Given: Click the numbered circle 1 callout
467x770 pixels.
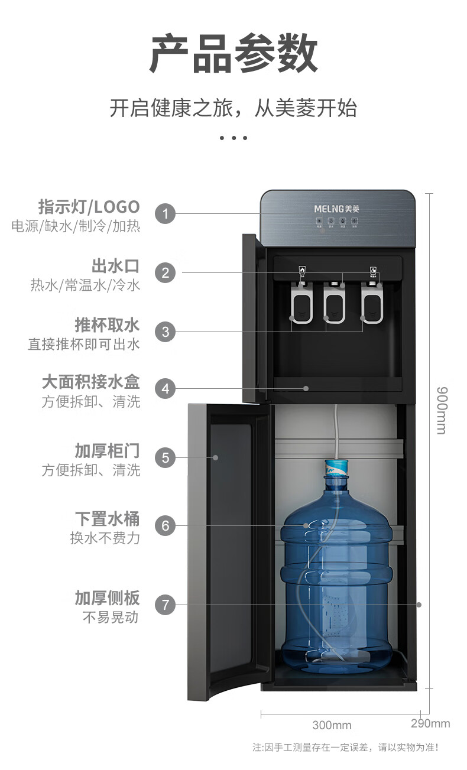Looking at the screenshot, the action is coord(166,213).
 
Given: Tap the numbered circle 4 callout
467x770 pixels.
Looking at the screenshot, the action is coord(166,388).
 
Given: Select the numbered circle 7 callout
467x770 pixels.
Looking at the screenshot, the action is coord(166,605).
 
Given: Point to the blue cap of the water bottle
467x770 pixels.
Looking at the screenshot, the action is coord(336,468).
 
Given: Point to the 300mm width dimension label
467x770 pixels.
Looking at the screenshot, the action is coord(332,725).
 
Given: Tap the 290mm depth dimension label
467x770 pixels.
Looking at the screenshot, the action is coord(430,723).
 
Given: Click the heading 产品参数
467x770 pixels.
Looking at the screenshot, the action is coord(234,54).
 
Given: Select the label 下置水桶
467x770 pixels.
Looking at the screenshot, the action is coord(107,519).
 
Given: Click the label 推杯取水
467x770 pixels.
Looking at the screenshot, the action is coord(107,324).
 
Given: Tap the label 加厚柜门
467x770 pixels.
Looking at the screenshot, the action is coord(107,450).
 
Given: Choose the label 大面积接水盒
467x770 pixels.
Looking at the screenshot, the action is coord(91,381).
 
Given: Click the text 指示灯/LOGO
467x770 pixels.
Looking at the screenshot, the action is coord(89,207).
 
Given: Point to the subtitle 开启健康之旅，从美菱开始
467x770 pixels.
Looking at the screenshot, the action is coord(234,109).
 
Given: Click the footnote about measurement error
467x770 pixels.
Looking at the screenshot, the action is coord(346,748).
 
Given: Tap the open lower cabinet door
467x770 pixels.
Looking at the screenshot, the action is coord(228,550).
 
